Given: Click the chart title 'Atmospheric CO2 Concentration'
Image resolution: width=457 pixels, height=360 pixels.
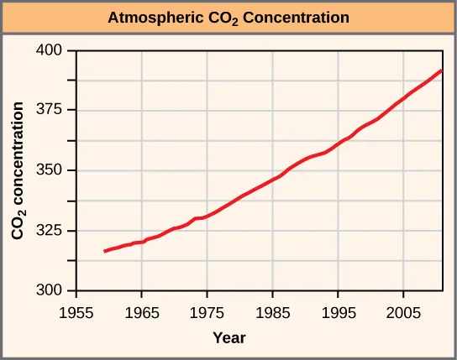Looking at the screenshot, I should coord(228,17).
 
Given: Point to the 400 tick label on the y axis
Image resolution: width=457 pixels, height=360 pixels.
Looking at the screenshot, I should coord(53,50).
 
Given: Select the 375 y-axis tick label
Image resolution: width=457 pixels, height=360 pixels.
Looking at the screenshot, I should coord(53,111).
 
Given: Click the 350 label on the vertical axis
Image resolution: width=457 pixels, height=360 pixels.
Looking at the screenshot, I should coord(53,170).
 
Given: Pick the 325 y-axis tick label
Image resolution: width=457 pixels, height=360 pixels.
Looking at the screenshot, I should coord(53,231).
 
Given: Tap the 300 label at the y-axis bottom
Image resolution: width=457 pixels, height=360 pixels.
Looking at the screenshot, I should coord(53,291).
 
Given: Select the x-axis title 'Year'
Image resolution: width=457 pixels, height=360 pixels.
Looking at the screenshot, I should coord(228,338).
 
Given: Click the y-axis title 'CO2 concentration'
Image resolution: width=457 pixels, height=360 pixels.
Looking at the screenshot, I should coord(17,170).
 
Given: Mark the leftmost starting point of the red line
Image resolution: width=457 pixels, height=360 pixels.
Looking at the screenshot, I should coord(104,251).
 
